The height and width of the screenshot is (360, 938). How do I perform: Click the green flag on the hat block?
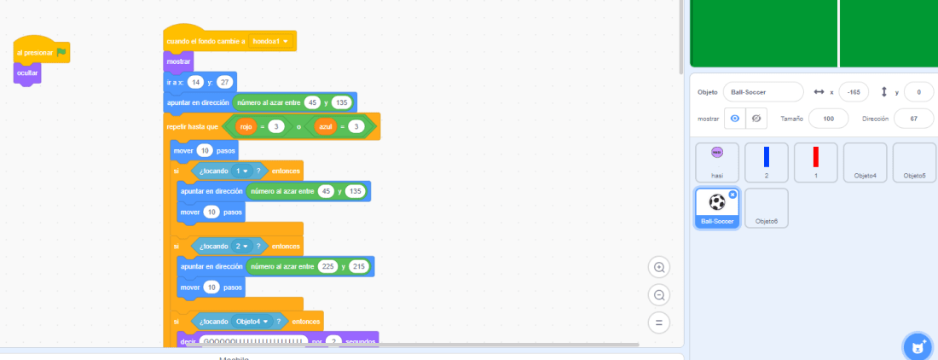[x=62, y=53]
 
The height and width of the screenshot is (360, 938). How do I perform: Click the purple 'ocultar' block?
[x=27, y=73]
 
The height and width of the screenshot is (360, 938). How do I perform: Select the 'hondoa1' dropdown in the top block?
[x=270, y=41]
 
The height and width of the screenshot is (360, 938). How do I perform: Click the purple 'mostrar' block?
[x=178, y=61]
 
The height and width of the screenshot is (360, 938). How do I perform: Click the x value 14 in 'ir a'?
[x=195, y=82]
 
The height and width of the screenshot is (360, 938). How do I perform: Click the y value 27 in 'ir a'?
[x=224, y=82]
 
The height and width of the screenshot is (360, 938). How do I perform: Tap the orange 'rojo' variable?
[x=246, y=126]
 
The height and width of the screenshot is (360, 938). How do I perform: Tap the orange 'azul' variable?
[x=325, y=126]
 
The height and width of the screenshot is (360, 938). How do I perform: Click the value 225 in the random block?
[x=327, y=266]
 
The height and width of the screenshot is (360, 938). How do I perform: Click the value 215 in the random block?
[x=358, y=266]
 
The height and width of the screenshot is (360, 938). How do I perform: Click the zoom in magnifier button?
[x=659, y=267]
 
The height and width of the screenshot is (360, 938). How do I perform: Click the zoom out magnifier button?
[x=659, y=295]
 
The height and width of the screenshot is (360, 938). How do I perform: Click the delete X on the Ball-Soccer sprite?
[x=732, y=195]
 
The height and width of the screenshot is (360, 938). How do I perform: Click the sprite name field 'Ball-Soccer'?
[x=762, y=92]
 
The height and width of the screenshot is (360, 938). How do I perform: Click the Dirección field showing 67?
[x=914, y=119]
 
